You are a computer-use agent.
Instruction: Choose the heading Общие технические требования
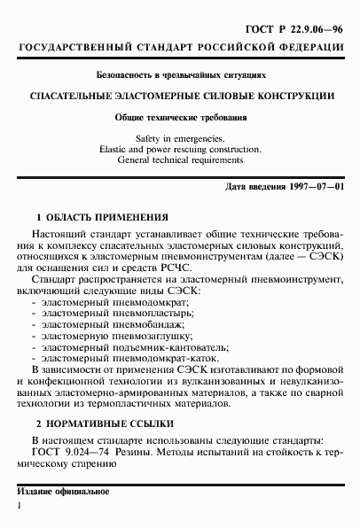[x=181, y=117]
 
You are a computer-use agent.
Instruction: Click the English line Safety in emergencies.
[x=181, y=139]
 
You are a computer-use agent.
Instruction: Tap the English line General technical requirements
[x=181, y=161]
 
